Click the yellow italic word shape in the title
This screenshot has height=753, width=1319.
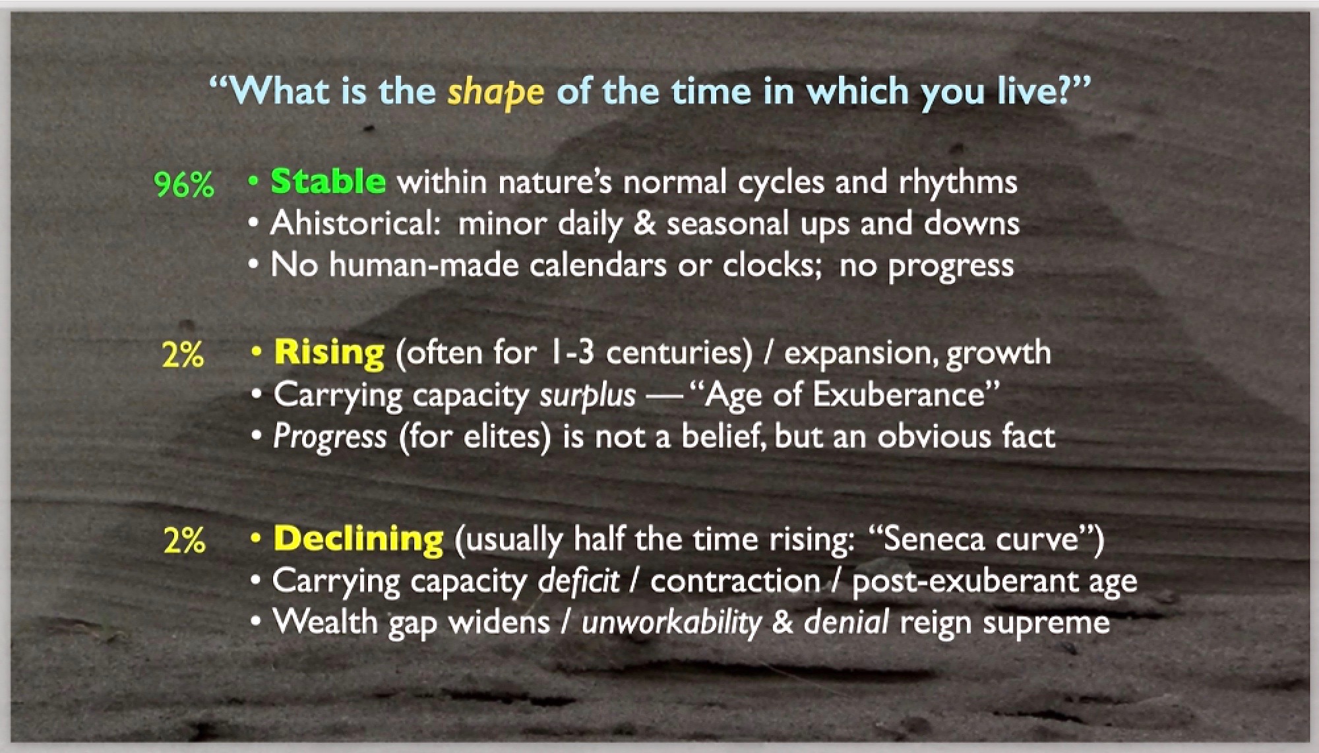(x=496, y=92)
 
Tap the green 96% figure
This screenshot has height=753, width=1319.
(x=184, y=185)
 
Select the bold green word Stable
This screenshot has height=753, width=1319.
(x=328, y=181)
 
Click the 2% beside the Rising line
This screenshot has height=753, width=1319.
(x=183, y=355)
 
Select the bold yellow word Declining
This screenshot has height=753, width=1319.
(x=358, y=539)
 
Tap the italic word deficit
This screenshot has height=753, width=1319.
(x=578, y=580)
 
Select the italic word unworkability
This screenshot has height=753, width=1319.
(x=671, y=623)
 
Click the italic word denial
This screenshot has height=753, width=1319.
(x=846, y=622)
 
